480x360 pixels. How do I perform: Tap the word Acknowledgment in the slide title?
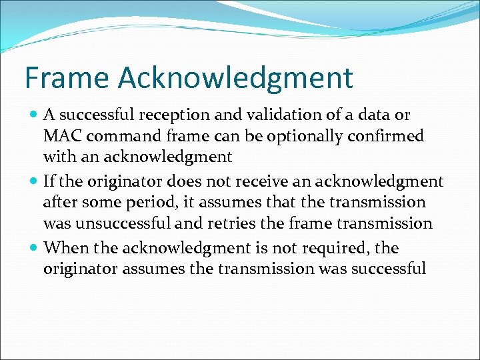click(235, 78)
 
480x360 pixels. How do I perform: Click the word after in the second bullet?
click(60, 203)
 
